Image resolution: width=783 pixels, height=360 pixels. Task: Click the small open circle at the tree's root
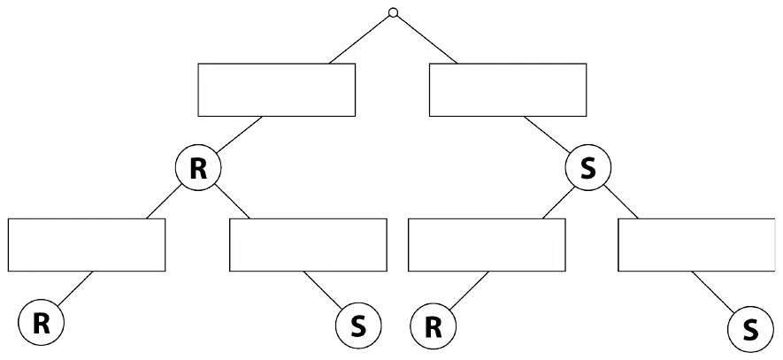pyautogui.click(x=393, y=12)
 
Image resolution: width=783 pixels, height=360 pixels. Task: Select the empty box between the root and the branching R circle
pyautogui.click(x=277, y=90)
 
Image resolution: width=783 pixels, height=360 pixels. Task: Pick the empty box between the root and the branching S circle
pyautogui.click(x=508, y=90)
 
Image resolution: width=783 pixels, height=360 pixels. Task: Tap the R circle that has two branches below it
pyautogui.click(x=198, y=168)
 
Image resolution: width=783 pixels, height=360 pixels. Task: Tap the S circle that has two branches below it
pyautogui.click(x=588, y=168)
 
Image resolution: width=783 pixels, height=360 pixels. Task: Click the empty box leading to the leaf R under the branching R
pyautogui.click(x=87, y=245)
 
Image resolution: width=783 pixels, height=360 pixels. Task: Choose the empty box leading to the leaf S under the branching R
pyautogui.click(x=308, y=245)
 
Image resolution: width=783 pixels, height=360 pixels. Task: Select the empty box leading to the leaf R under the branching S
pyautogui.click(x=487, y=245)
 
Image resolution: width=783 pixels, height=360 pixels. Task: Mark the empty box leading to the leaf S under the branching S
pyautogui.click(x=696, y=245)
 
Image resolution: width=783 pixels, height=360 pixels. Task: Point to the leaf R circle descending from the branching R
pyautogui.click(x=41, y=323)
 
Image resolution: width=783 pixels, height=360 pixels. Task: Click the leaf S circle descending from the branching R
pyautogui.click(x=358, y=326)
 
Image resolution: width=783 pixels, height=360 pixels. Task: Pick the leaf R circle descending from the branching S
pyautogui.click(x=433, y=326)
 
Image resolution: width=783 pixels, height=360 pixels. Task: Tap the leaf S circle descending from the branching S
pyautogui.click(x=751, y=329)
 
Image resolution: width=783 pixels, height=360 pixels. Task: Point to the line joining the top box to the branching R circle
pyautogui.click(x=239, y=134)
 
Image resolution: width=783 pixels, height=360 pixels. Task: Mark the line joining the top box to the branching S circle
pyautogui.click(x=547, y=134)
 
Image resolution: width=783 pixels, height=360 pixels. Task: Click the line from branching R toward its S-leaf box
pyautogui.click(x=232, y=201)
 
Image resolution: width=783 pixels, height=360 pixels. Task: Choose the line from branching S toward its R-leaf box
pyautogui.click(x=558, y=203)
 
